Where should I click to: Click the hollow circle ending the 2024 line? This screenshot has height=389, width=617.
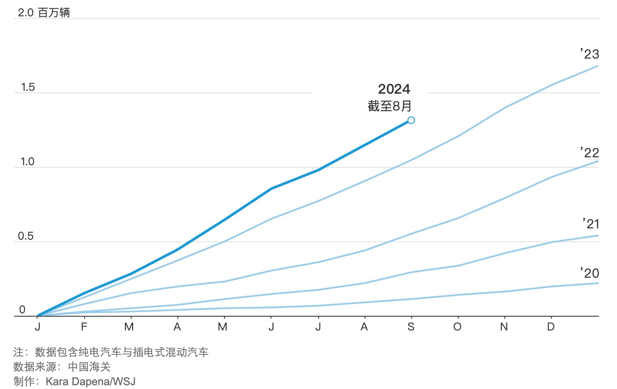click(x=411, y=120)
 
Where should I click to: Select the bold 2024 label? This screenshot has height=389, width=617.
click(x=394, y=89)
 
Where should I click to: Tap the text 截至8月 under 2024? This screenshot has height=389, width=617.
click(x=389, y=106)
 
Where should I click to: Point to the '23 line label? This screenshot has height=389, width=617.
click(x=589, y=54)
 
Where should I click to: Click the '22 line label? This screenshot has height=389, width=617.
click(x=589, y=153)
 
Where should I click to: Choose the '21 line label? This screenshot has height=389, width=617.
click(x=591, y=224)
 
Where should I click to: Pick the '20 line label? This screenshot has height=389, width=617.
click(x=589, y=274)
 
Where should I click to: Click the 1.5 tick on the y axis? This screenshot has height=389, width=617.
click(x=28, y=87)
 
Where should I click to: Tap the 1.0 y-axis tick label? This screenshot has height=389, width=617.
click(x=28, y=162)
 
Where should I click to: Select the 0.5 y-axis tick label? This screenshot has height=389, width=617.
click(x=26, y=236)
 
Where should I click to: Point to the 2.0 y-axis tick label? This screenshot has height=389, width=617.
click(x=26, y=13)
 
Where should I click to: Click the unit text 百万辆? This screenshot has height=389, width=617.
click(x=54, y=13)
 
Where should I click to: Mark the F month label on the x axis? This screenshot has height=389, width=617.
click(x=84, y=327)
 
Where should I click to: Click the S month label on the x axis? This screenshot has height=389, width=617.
click(x=411, y=327)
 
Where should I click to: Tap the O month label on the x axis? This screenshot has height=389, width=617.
click(x=458, y=327)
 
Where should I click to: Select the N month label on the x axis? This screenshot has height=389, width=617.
click(x=504, y=327)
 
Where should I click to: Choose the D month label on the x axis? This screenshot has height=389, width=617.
click(x=551, y=327)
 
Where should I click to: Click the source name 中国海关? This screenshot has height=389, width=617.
click(x=89, y=367)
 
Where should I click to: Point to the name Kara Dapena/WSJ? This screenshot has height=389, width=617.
click(x=90, y=381)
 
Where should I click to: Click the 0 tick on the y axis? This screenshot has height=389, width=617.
click(x=22, y=310)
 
